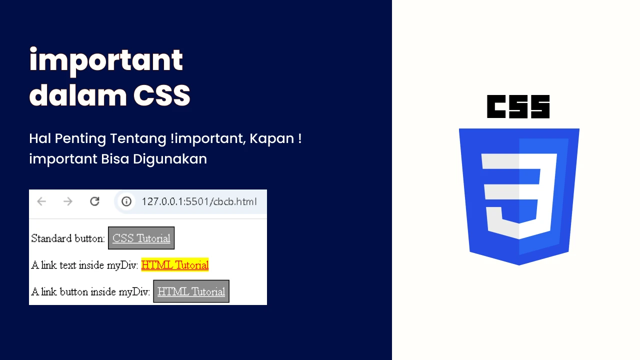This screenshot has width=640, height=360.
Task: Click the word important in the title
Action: [x=106, y=61]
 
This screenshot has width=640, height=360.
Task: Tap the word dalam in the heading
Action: [x=77, y=95]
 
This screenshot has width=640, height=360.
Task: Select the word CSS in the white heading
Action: [x=161, y=95]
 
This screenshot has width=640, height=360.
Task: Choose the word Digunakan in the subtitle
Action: [x=169, y=159]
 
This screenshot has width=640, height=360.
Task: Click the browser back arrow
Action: [x=41, y=201]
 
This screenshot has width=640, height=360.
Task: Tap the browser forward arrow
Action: [x=68, y=201]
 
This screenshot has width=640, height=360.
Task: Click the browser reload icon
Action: [x=94, y=201]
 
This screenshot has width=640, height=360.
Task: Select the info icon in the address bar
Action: [x=126, y=201]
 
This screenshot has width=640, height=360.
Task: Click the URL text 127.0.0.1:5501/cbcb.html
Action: [x=199, y=201]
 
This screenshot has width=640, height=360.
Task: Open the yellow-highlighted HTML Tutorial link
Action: [x=175, y=265]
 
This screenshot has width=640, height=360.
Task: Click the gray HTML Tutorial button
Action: [x=191, y=291]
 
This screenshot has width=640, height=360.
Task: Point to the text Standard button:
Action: [x=68, y=238]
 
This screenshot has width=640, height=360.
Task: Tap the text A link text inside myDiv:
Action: [x=84, y=265]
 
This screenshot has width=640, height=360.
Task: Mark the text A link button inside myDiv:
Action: [x=90, y=291]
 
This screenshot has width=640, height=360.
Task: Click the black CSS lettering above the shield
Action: [x=518, y=106]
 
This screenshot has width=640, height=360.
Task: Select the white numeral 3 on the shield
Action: [x=519, y=196]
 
